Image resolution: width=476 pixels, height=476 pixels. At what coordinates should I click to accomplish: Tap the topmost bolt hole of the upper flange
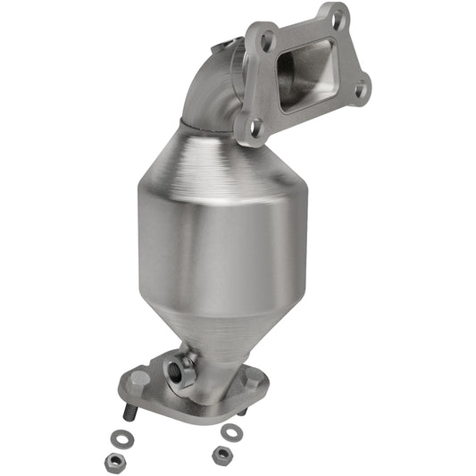[x=338, y=15]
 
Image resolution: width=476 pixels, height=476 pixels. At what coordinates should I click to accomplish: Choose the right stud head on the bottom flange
[x=253, y=380]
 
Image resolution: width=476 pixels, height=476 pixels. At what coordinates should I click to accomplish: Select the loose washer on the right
[x=232, y=431]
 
